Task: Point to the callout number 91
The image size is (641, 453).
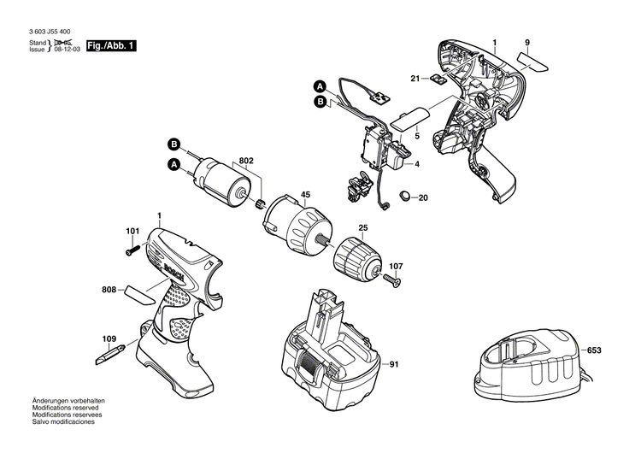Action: click(393, 367)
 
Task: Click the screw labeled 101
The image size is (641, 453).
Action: click(132, 249)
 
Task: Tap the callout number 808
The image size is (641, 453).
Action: click(109, 291)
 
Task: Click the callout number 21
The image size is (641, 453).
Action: click(415, 79)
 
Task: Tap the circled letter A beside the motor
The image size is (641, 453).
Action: click(173, 163)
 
